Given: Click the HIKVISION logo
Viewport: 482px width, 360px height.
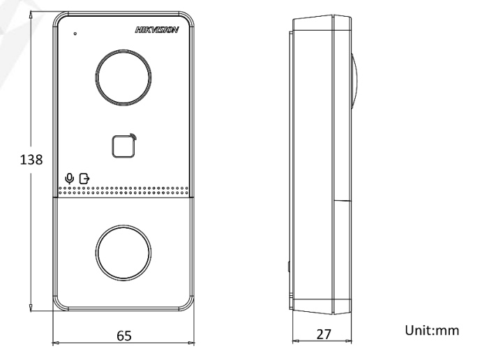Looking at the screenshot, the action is tap(157, 30).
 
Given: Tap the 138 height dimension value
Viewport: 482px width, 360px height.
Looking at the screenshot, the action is tap(31, 160).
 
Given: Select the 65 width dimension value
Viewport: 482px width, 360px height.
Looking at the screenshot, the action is tap(124, 336).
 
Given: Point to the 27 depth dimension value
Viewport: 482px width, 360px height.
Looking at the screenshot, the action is tap(324, 334).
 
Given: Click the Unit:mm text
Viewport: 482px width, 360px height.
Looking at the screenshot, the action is tap(432, 331).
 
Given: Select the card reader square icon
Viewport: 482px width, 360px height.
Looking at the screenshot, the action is tap(124, 146).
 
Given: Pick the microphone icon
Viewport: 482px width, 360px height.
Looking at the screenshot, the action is tap(70, 179).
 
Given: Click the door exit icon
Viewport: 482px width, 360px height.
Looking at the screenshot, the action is tap(84, 179).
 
